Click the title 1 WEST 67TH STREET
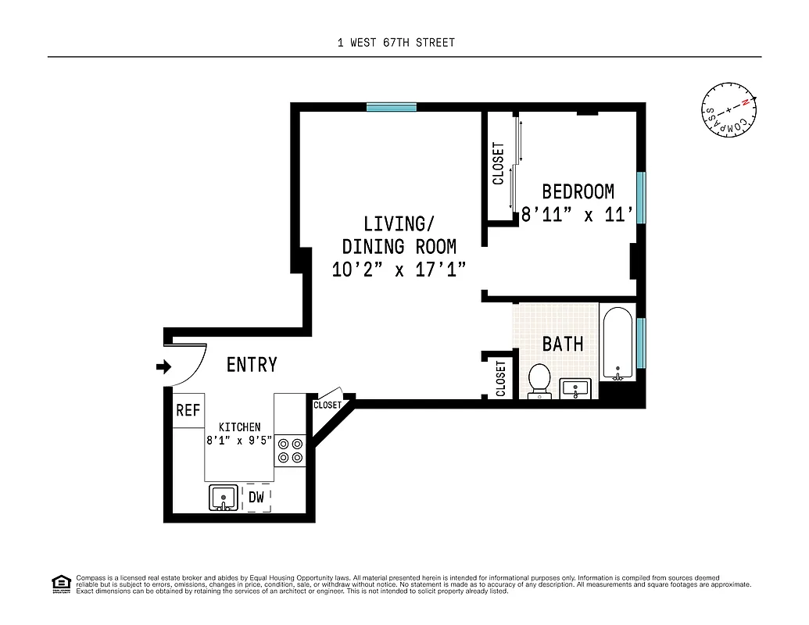click(396, 42)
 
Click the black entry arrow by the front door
click(163, 366)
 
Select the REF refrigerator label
click(188, 410)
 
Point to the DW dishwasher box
click(256, 497)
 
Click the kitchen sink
click(224, 497)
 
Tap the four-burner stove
click(291, 451)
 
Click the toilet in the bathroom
click(539, 380)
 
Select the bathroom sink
click(578, 388)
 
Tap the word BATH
click(563, 344)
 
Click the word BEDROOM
click(578, 191)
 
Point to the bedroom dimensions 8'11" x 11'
click(578, 214)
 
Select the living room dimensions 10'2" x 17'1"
click(399, 270)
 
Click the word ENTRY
click(252, 365)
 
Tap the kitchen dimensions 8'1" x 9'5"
click(239, 440)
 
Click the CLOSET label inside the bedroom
click(499, 164)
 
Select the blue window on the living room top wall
click(392, 108)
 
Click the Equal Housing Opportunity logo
click(60, 583)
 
